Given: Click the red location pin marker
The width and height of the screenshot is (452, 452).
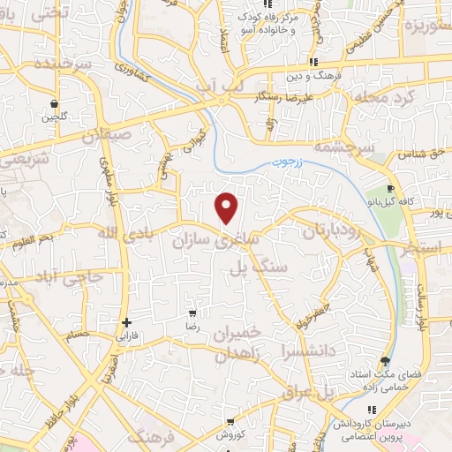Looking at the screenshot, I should click(x=227, y=207).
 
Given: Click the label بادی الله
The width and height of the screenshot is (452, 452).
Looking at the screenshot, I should click(x=118, y=234).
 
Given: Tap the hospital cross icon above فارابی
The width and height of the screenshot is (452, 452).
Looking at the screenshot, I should click(x=129, y=322).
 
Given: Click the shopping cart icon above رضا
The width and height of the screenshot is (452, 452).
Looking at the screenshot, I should click(x=193, y=313).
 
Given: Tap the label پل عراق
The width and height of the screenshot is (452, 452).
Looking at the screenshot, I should click(x=305, y=390).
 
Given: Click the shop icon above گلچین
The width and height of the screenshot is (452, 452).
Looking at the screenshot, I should click(x=55, y=103).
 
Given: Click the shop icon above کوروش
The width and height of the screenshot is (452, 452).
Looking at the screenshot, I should click(x=230, y=422).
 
